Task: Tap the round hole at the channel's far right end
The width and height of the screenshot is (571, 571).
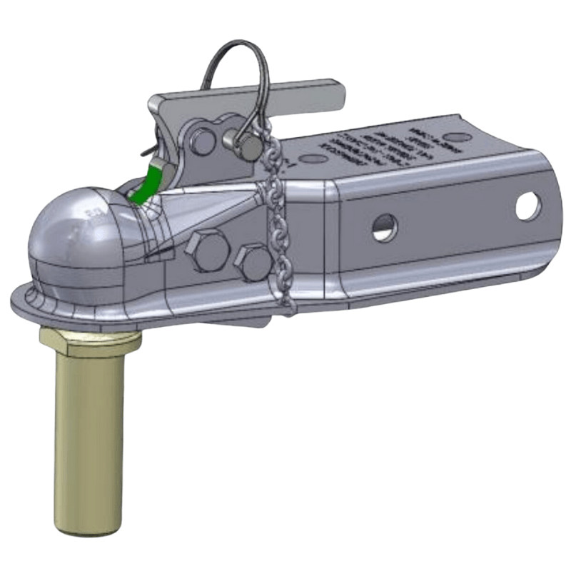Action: [x=528, y=206]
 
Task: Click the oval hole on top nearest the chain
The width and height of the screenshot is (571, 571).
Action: [x=310, y=158]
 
